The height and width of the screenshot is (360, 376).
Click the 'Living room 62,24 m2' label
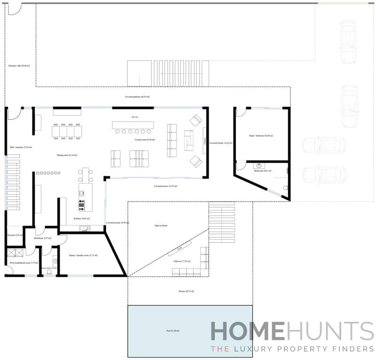click(x=144, y=140)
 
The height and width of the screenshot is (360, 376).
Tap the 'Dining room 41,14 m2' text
click(x=67, y=155)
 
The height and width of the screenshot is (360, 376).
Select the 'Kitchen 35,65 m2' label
click(x=82, y=219)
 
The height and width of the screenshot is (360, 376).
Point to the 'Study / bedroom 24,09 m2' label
click(x=261, y=136)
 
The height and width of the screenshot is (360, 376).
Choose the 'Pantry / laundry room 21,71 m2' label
click(x=83, y=255)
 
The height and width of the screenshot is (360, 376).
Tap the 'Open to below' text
click(x=161, y=226)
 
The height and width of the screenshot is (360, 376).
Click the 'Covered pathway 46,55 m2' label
click(x=137, y=96)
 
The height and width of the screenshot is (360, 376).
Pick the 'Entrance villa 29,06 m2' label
click(x=19, y=66)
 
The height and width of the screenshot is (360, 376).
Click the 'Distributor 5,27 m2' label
click(x=42, y=238)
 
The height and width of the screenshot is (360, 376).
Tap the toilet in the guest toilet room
click(x=49, y=272)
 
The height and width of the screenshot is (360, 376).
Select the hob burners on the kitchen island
click(x=82, y=204)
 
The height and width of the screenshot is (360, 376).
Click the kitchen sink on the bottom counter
click(x=85, y=228)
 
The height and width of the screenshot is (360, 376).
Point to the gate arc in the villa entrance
click(x=15, y=8)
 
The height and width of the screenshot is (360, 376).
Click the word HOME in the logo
click(x=247, y=331)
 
